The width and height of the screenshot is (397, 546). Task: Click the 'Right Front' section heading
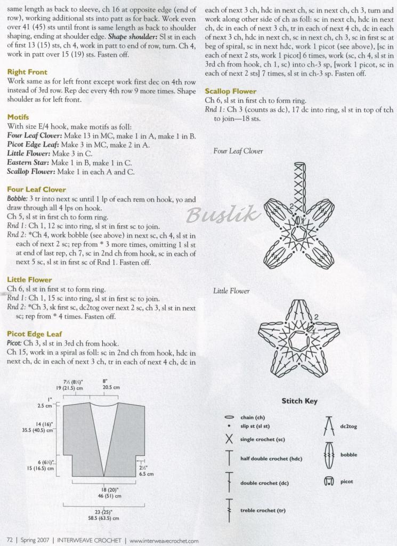pos(27,72)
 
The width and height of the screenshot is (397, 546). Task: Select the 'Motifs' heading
pos(18,117)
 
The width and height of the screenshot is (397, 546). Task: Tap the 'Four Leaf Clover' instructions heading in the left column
pos(36,189)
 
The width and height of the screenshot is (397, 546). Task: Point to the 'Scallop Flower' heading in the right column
pos(231,91)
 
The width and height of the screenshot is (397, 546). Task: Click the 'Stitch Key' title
pos(299,401)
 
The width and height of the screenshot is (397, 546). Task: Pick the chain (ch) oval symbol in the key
pos(230,417)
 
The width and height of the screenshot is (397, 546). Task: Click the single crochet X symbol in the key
pos(230,439)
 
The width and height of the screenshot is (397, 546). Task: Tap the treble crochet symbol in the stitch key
pos(230,510)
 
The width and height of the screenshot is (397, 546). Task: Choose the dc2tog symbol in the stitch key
pos(329,426)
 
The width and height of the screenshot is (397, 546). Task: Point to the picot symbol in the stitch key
pos(329,481)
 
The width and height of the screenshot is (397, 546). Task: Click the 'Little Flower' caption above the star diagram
pos(231,291)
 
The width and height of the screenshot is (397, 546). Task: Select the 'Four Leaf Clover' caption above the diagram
pos(238,151)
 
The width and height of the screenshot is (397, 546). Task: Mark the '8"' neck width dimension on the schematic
pos(105,381)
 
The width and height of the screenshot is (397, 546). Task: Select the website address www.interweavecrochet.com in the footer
pos(164,540)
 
